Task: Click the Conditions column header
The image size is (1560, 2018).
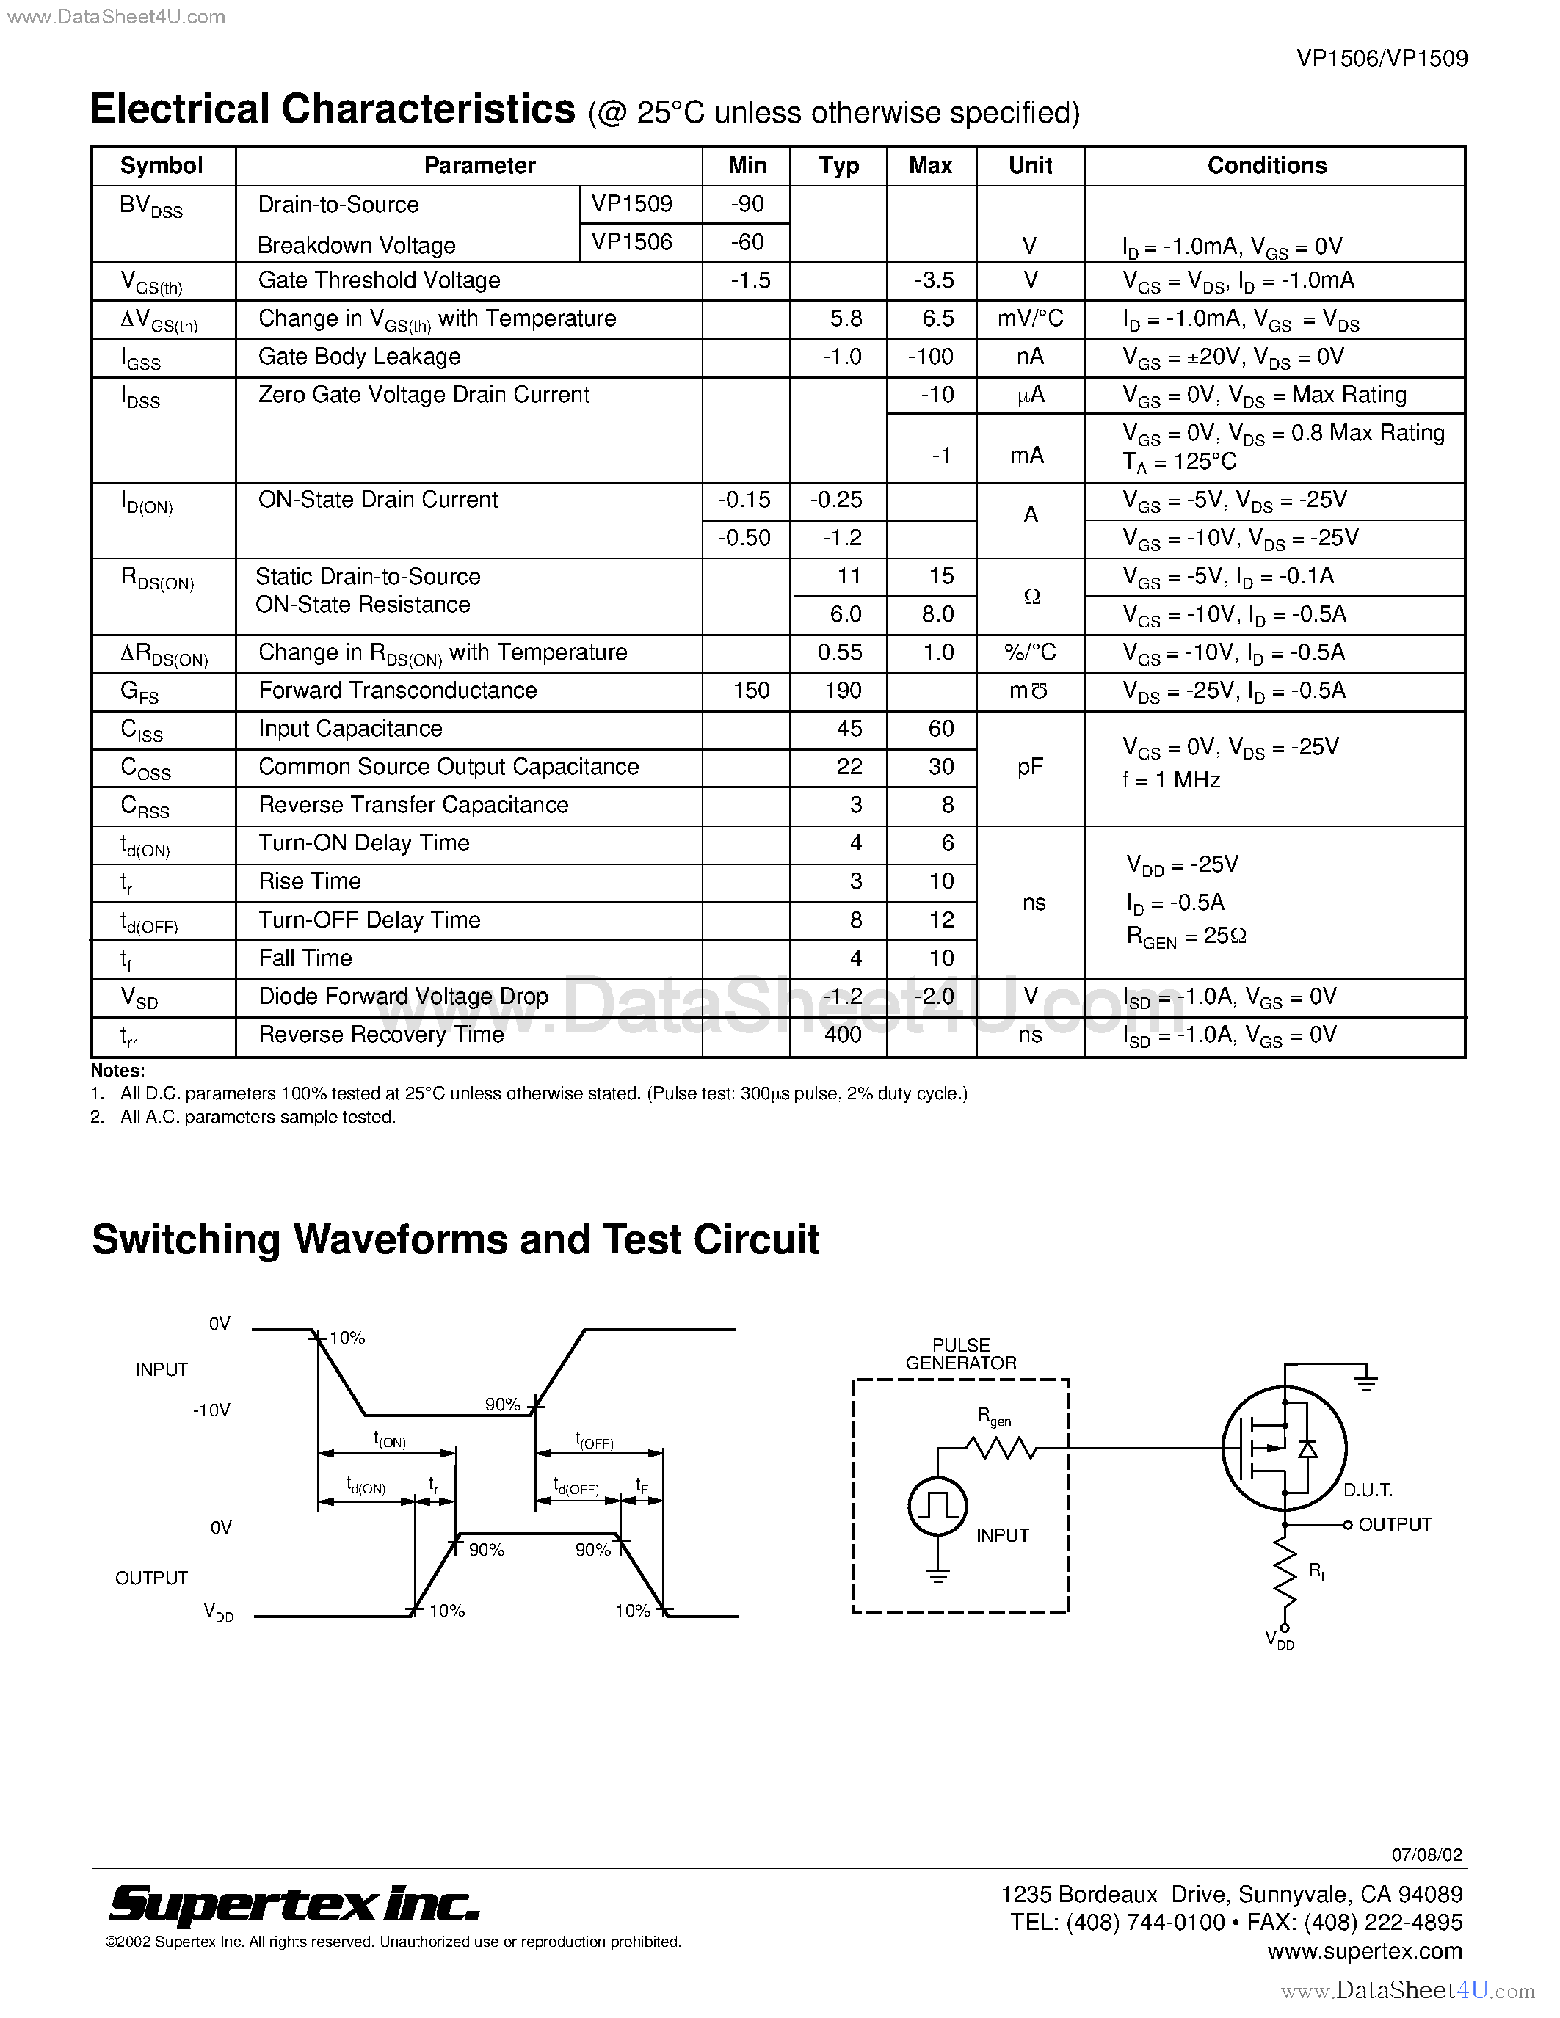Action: (x=1266, y=165)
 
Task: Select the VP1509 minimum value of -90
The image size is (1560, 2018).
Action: (x=747, y=203)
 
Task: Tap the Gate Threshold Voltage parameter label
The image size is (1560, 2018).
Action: (x=379, y=280)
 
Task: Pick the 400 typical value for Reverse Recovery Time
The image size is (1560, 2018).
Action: (x=842, y=1034)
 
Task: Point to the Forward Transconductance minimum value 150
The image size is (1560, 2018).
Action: (x=750, y=691)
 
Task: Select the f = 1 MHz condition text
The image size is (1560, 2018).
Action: (x=1171, y=780)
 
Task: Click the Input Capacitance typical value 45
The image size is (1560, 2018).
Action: (x=849, y=728)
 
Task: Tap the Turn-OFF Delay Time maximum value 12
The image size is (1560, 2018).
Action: (x=941, y=919)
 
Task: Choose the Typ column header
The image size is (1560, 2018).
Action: (x=838, y=165)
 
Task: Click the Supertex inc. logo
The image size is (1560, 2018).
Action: (x=294, y=1903)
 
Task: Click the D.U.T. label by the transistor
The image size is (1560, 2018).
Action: (x=1368, y=1490)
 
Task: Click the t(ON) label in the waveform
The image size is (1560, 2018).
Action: (x=389, y=1440)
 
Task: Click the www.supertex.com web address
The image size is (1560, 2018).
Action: (x=1364, y=1950)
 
